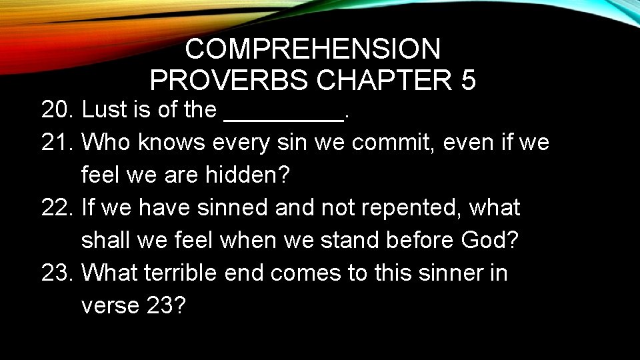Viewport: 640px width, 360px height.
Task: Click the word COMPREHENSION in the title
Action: point(313,49)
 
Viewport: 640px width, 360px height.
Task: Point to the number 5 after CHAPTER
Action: point(468,81)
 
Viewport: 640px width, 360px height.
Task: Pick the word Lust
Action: point(103,110)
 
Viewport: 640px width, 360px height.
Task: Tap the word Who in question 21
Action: point(108,142)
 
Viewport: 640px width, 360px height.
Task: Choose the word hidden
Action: point(247,175)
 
